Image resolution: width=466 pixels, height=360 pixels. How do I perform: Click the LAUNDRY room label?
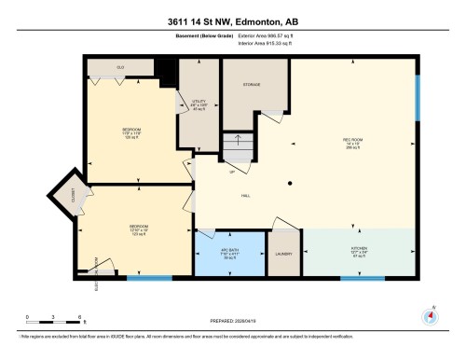(283, 253)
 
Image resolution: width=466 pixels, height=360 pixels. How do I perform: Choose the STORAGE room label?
(251, 85)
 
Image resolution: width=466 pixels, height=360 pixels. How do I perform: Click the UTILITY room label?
(198, 103)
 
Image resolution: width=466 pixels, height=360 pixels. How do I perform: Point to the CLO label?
(120, 69)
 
